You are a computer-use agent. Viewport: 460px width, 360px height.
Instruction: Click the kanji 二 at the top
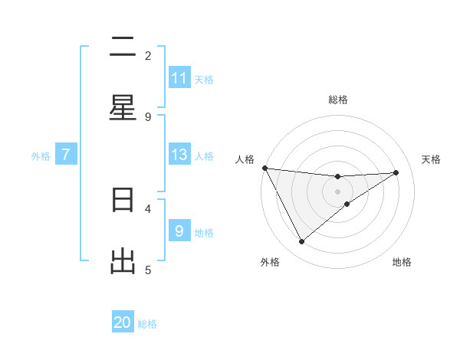123,47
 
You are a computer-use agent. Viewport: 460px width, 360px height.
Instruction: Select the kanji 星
123,108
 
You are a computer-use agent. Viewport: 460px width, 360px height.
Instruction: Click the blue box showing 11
179,78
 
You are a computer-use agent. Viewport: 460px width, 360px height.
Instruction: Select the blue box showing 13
179,155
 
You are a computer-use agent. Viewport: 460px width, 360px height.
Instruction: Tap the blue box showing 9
179,231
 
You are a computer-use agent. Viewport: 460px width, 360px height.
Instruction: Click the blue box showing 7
66,155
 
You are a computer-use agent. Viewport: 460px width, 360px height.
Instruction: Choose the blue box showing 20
123,322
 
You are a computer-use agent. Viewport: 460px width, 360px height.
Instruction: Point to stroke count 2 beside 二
148,55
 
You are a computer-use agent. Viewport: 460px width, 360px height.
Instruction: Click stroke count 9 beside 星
148,116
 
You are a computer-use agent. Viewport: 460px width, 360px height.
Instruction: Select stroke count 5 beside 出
148,270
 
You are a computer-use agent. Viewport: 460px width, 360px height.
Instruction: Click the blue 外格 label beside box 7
41,155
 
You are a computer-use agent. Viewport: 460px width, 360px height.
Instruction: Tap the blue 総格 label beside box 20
147,324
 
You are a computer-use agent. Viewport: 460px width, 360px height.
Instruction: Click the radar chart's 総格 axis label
338,100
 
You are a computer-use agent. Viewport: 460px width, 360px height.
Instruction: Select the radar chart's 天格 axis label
432,159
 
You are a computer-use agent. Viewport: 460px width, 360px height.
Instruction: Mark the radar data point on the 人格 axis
264,168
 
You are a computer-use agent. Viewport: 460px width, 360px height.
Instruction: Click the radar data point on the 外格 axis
301,242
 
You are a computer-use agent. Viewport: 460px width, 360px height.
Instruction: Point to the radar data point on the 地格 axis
347,204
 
